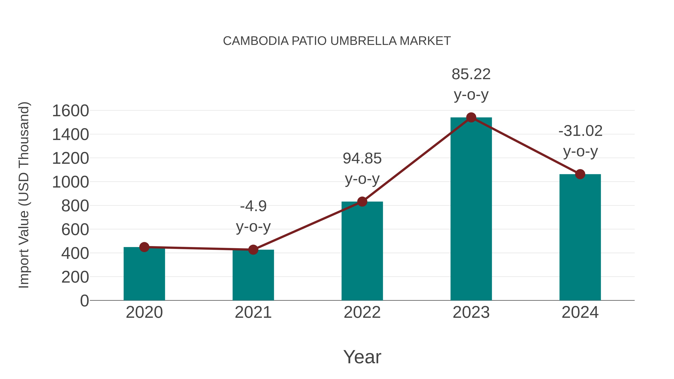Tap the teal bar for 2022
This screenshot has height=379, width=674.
click(362, 251)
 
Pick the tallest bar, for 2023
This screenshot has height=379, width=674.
click(471, 209)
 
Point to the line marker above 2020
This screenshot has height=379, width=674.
click(144, 247)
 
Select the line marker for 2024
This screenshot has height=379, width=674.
click(580, 174)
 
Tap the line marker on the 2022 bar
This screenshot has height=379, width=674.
click(362, 201)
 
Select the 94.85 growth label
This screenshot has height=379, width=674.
click(362, 159)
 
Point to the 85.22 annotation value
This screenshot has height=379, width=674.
click(471, 74)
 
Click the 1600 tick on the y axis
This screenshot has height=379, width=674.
click(71, 111)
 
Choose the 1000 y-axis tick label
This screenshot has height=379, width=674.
click(71, 182)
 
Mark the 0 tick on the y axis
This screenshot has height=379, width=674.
click(84, 301)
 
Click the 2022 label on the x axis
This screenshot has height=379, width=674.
click(362, 312)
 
